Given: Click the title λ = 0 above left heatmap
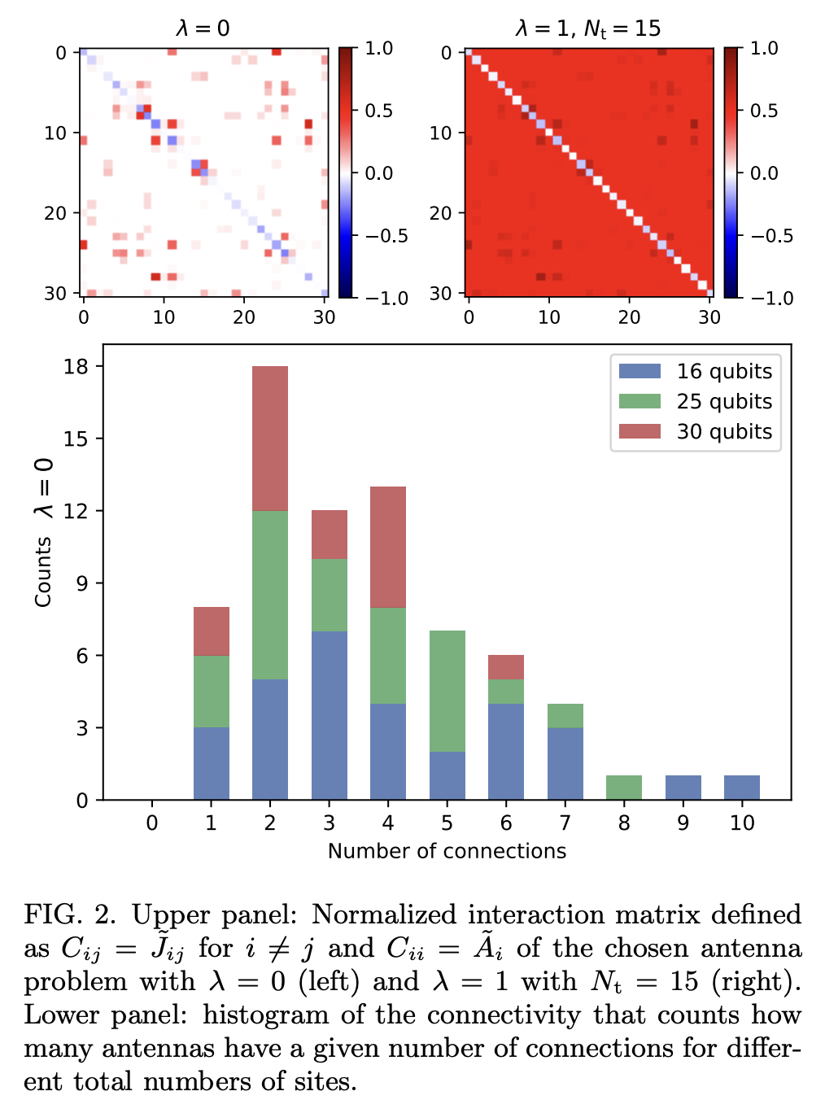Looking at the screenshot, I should pos(203,29).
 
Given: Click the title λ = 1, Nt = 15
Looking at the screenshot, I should pos(587,29).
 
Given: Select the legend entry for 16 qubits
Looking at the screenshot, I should pos(696,372).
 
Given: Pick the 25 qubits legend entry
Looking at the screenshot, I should pos(696,402).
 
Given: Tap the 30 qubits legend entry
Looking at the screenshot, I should pos(696,432).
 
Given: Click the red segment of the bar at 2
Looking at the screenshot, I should pos(270,439).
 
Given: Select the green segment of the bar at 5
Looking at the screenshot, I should pos(447,691).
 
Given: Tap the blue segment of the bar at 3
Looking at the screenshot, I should pos(330,715).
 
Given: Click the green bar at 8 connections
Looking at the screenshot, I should pos(624,788).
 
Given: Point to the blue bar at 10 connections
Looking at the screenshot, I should pos(742,788).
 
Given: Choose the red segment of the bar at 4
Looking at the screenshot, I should pos(388,547).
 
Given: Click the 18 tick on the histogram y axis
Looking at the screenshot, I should pos(76,367).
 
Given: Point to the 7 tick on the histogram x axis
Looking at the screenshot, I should pos(565,823).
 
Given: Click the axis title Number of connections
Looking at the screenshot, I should pos(447,852).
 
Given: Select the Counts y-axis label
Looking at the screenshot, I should pos(43,572).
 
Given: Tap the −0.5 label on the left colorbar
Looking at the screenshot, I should pos(385,236).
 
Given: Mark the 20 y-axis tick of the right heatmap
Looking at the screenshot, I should pos(440,213).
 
